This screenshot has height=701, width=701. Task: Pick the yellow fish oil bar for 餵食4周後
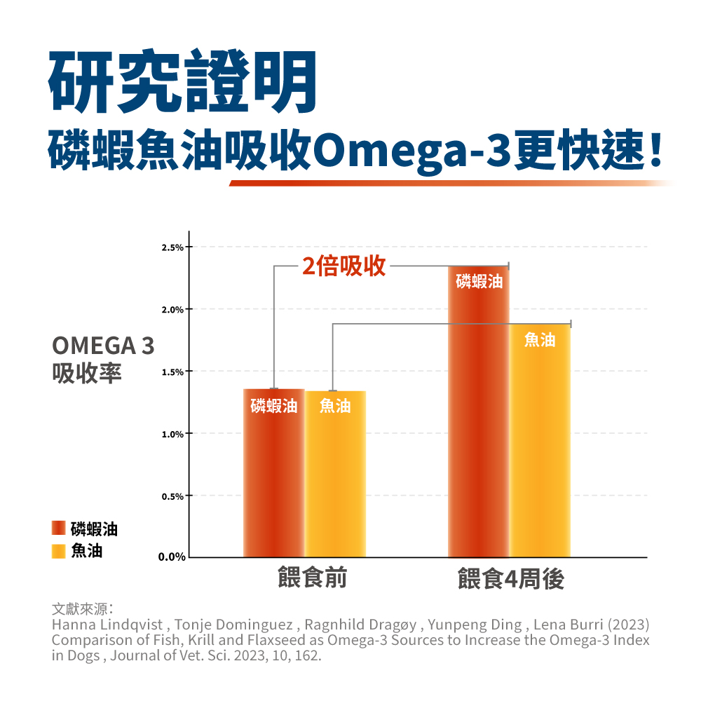point(540,442)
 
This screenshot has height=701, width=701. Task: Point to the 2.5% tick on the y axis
point(172,248)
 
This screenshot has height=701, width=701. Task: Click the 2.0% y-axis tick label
point(172,310)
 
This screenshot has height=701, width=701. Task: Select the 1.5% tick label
point(172,372)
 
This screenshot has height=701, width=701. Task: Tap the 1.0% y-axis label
point(172,435)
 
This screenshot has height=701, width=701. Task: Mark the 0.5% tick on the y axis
point(172,497)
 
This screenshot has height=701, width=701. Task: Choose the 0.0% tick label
point(171,558)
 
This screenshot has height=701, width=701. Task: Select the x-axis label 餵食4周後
point(510,580)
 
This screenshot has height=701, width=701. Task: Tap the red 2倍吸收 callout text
point(344,266)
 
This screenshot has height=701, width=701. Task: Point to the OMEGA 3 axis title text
point(103,346)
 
